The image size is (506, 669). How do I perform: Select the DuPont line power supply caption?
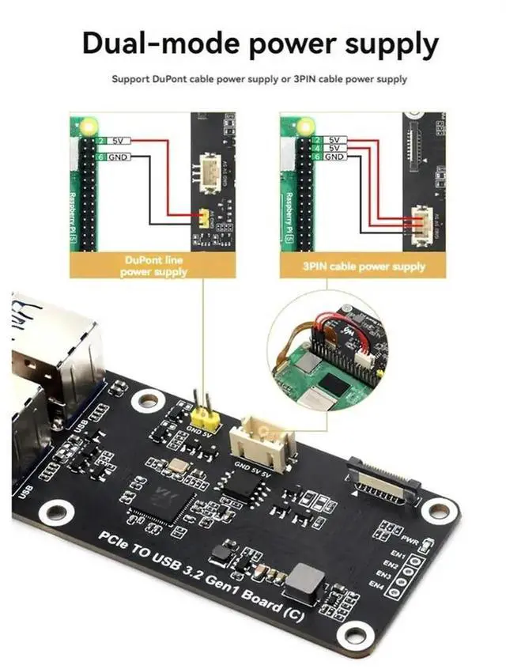pos(154,266)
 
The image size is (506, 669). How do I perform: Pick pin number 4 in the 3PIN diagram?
pos(316,148)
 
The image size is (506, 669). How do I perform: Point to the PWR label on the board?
pos(410,540)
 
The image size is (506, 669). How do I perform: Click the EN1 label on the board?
pos(398,554)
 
